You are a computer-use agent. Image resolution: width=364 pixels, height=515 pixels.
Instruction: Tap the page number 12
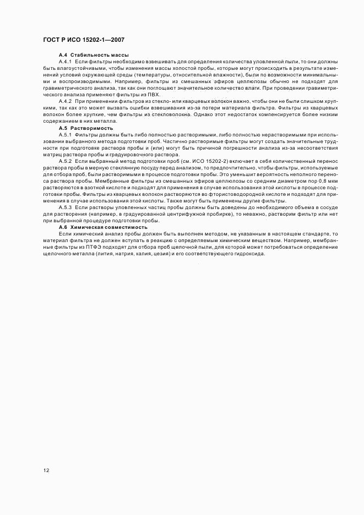tap(46, 470)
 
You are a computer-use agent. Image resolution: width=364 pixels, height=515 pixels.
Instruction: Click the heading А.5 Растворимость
tap(85, 128)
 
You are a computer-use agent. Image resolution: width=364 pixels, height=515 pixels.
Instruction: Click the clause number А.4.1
tap(65, 62)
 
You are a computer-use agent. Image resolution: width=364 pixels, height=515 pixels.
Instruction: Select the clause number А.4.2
tap(65, 102)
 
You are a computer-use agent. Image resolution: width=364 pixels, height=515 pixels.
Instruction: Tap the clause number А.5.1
tap(65, 135)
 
